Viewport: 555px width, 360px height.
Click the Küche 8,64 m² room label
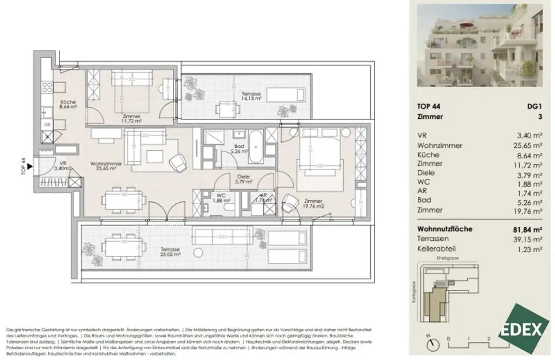[x=53, y=105]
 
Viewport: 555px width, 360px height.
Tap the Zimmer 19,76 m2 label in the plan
[x=314, y=202]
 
